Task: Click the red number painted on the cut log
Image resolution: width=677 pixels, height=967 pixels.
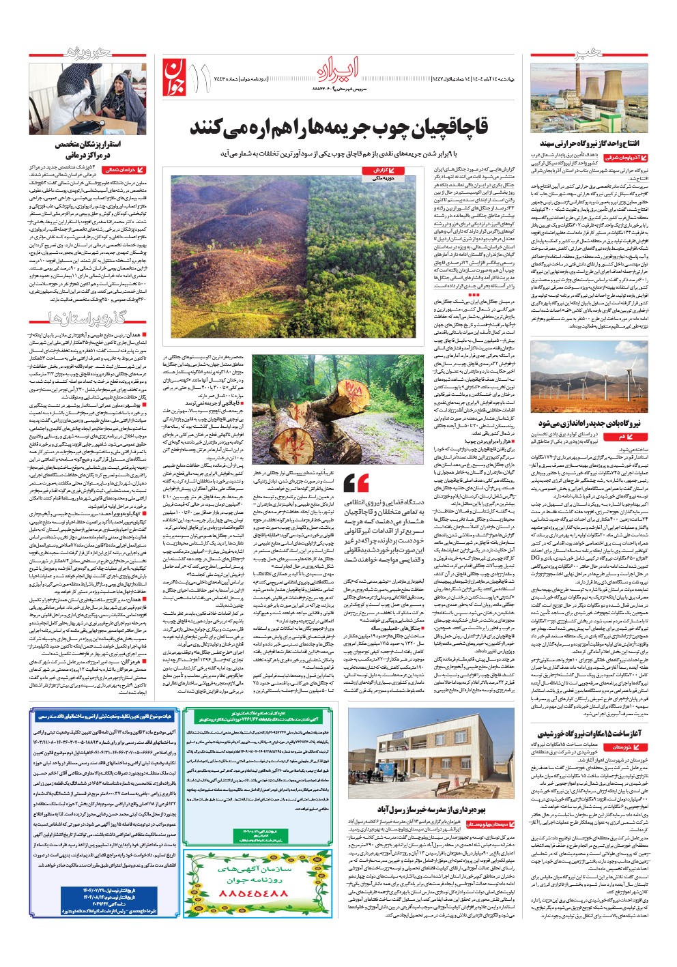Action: pos(353,390)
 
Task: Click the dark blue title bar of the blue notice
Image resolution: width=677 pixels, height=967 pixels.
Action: pos(101,716)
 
